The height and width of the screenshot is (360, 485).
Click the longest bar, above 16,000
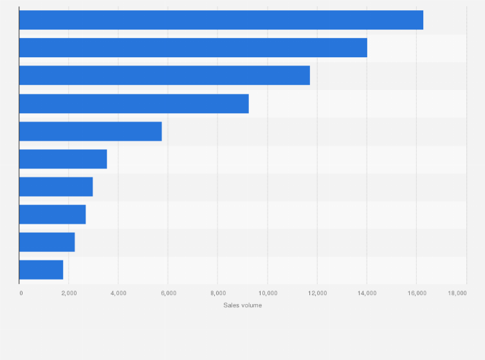point(221,20)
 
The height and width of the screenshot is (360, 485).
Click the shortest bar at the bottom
point(41,269)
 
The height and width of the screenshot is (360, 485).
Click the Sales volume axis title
point(243,305)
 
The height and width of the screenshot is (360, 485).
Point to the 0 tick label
point(21,293)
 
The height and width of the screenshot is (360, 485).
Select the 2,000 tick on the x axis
point(69,293)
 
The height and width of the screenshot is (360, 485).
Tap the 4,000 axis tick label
point(118,293)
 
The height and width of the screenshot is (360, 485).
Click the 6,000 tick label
point(168,293)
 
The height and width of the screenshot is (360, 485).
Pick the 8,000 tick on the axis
point(217,293)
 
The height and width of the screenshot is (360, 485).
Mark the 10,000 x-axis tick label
point(268,293)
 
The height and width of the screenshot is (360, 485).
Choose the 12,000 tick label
point(317,293)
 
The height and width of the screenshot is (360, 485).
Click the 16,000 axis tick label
point(416,293)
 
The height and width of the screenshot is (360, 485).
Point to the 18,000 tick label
point(457,293)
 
